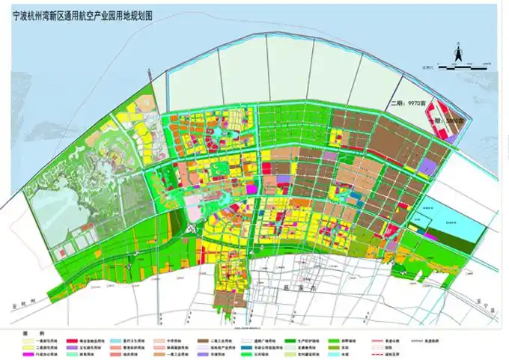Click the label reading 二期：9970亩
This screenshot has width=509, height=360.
coord(411,104)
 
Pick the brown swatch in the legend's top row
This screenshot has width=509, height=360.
coord(203,338)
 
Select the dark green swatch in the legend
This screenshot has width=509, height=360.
coord(287,338)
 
